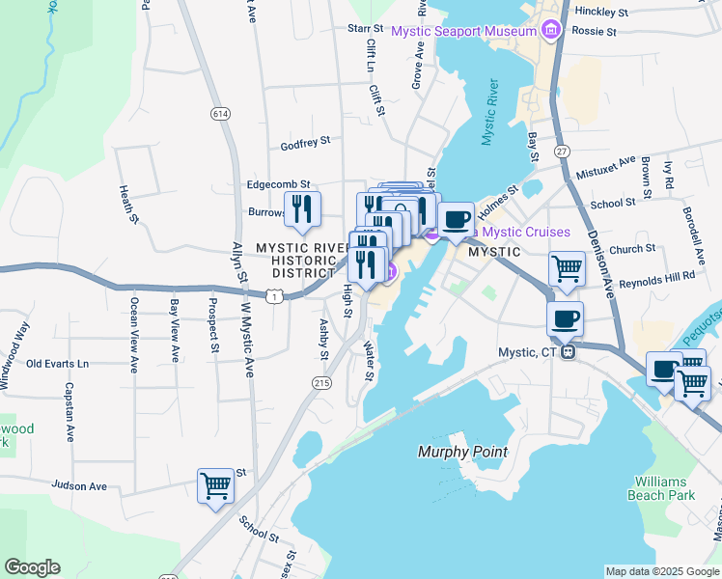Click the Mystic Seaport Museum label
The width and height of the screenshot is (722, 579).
point(462,31)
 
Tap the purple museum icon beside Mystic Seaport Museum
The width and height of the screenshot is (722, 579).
point(551,31)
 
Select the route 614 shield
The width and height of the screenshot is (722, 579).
point(221,113)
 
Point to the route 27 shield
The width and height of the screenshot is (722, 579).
point(561,152)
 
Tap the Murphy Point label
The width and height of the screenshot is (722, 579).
point(462,452)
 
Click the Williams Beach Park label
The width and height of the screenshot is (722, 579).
point(666,488)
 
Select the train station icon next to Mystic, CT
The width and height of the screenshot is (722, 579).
point(569,351)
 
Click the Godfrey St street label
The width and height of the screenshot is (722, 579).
point(305,142)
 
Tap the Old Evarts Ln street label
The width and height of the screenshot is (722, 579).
point(57,364)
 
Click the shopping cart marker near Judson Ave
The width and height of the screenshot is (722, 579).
point(215,485)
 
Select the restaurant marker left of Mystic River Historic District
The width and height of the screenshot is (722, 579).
point(302,208)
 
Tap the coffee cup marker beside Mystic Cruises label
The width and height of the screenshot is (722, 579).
point(456,219)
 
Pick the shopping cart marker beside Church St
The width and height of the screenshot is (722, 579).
point(567,268)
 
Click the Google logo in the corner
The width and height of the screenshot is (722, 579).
point(32,567)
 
